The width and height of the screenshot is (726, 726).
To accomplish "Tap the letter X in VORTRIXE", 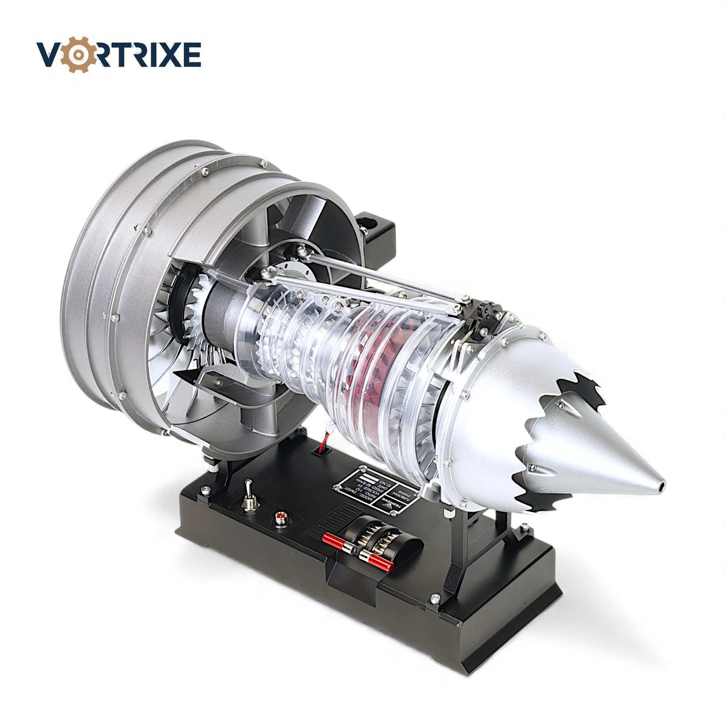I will (x=163, y=55).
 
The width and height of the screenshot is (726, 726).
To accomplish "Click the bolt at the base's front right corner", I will (x=434, y=599).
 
